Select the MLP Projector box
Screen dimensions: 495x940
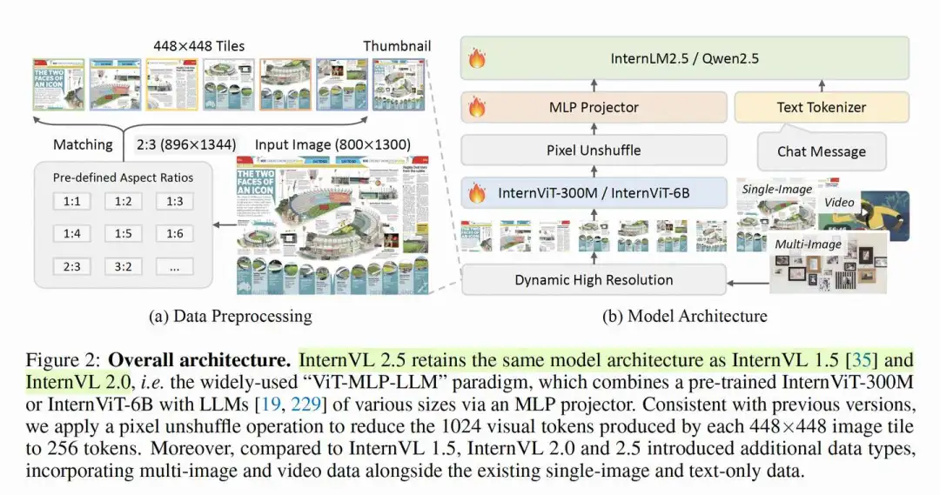(594, 108)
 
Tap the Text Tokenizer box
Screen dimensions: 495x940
(821, 108)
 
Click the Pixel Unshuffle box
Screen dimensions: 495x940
(594, 151)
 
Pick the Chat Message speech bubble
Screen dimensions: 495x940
(821, 151)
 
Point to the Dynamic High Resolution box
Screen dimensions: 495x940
(594, 280)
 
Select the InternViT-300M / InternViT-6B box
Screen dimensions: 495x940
(594, 193)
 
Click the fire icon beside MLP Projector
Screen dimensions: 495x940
(477, 108)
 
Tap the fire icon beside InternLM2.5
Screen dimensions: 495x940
(477, 59)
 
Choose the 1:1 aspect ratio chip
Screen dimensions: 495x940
(71, 202)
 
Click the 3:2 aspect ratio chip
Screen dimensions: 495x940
(123, 266)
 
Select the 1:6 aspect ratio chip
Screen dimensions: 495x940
(174, 234)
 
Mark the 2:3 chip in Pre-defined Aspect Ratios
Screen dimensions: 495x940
(71, 266)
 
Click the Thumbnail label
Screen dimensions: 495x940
(397, 46)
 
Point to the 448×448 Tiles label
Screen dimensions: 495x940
(200, 46)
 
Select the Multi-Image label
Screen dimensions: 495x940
(808, 244)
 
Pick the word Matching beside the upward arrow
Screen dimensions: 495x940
(83, 144)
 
